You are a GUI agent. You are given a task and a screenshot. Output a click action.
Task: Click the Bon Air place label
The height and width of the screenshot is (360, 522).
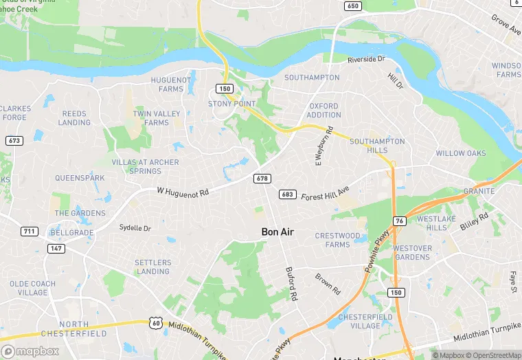click(277, 232)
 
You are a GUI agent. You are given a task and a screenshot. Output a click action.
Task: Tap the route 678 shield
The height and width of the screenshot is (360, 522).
click(262, 179)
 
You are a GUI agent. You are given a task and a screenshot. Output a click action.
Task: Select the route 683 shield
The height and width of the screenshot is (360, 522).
click(287, 194)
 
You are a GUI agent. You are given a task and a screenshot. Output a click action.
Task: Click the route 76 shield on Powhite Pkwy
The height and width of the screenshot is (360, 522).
click(400, 221)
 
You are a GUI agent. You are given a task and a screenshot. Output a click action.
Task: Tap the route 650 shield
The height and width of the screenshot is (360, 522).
click(353, 6)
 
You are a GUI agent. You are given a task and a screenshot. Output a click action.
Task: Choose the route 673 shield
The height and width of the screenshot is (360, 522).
click(14, 140)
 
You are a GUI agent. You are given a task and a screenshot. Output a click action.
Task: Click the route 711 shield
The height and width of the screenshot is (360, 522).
click(29, 231)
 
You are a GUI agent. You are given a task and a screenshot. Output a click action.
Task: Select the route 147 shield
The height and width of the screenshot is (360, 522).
click(56, 248)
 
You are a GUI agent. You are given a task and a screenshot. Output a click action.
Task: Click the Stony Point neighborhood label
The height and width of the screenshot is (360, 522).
click(231, 103)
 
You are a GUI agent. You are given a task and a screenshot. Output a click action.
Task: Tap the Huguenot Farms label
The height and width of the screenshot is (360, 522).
click(171, 84)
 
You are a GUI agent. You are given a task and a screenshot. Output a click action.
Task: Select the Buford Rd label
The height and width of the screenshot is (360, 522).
click(291, 285)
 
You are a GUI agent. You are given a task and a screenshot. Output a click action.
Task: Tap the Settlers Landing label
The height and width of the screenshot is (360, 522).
click(152, 267)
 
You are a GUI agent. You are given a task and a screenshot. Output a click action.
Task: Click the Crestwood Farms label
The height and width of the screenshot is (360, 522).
click(337, 240)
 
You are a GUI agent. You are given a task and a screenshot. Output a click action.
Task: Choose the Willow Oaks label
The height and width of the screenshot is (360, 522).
click(460, 153)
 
